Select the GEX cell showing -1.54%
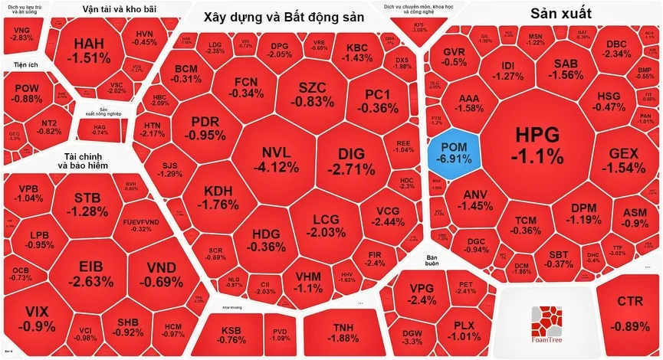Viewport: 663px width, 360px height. click(627, 161)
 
